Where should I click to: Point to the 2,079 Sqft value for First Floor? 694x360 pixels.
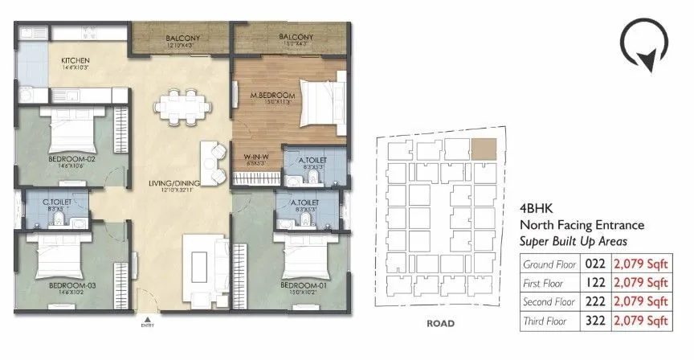[x=641, y=282]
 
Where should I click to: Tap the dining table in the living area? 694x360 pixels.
[x=184, y=104]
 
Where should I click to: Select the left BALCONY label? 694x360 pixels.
[x=183, y=38]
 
